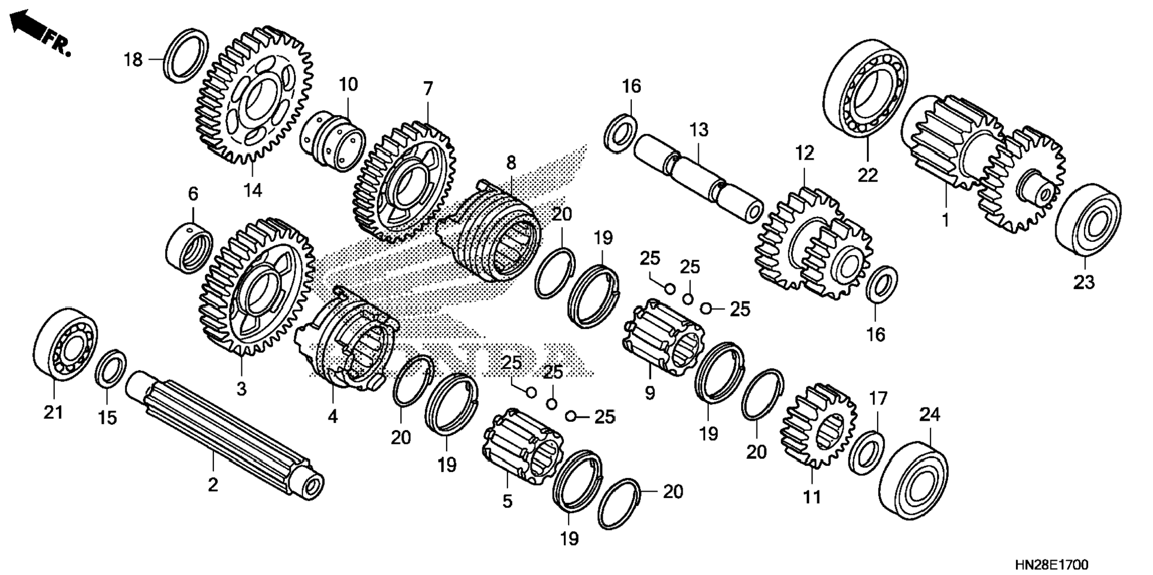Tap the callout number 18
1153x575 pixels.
point(134,60)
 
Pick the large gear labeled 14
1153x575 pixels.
point(254,95)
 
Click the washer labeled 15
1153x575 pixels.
point(111,369)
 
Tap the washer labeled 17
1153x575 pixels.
point(866,452)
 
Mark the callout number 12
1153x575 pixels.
point(804,153)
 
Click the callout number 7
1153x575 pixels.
point(427,89)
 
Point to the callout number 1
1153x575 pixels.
point(944,220)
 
